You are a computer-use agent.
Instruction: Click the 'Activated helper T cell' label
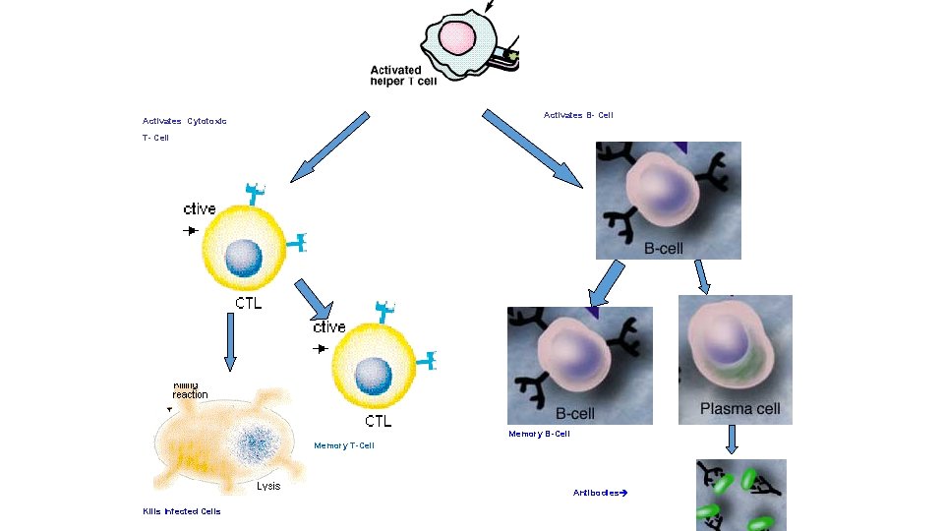coord(403,76)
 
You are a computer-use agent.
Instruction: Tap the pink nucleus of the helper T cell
coord(457,38)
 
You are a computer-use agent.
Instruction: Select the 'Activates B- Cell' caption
coord(578,115)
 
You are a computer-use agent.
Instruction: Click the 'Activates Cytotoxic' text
coord(185,121)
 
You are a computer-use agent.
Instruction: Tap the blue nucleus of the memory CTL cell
coord(373,374)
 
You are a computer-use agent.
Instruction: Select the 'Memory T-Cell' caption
coord(344,445)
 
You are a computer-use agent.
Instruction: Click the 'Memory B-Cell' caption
coord(539,434)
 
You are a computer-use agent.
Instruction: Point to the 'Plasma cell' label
coord(739,408)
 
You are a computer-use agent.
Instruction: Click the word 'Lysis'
coord(268,486)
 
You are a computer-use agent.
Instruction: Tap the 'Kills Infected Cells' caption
coord(182,511)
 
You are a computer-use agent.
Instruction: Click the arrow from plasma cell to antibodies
coord(733,441)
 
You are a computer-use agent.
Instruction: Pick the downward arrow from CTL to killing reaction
coord(230,340)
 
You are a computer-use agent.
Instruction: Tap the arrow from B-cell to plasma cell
coord(702,276)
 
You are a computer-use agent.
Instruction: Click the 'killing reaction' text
coord(190,390)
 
